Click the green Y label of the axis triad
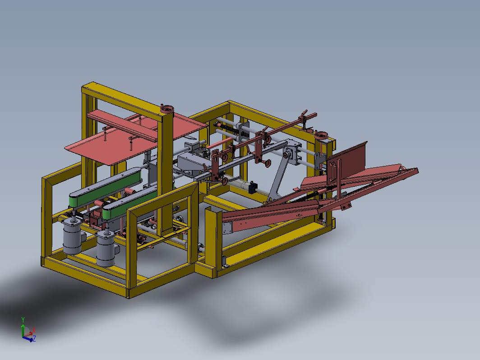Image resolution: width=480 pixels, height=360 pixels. (23, 320)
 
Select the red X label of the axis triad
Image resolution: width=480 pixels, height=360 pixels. (34, 330)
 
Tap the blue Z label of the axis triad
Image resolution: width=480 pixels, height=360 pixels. (34, 338)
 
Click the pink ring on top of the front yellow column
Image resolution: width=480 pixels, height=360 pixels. (167, 109)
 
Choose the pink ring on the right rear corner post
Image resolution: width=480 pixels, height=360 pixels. (321, 135)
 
